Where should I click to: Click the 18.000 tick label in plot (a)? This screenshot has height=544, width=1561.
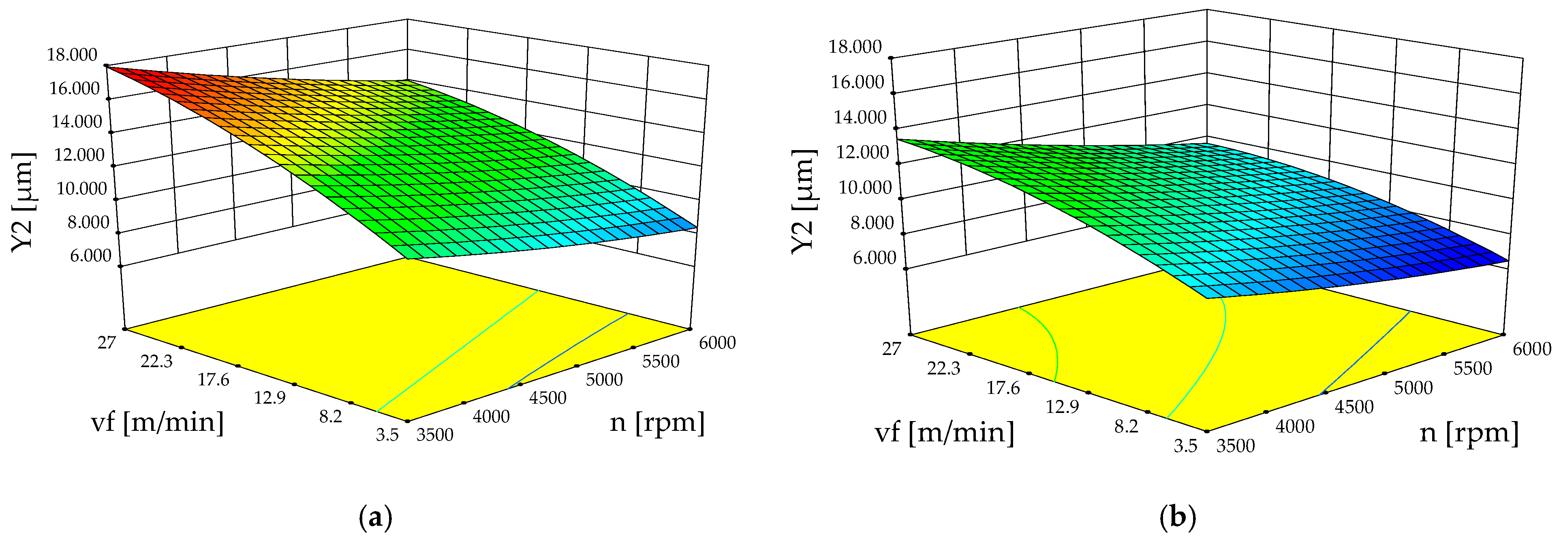[x=71, y=55]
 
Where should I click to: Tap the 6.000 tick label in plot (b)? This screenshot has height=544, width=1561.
[x=874, y=258]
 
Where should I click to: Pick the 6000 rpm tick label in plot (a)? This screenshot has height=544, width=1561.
[x=717, y=343]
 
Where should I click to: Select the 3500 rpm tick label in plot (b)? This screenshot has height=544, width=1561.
[x=1236, y=446]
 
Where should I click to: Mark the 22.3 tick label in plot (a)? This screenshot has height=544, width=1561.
[x=156, y=361]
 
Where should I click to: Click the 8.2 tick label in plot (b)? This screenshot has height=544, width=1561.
[x=1126, y=426]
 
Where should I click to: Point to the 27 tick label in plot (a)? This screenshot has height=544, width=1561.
[x=107, y=343]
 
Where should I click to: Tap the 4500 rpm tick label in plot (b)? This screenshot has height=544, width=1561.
[x=1354, y=407]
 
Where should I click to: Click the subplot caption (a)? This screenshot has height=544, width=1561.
[x=376, y=518]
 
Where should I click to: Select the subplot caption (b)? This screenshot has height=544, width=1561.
[x=1177, y=518]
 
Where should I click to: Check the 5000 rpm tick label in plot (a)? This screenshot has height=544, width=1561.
[x=604, y=380]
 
